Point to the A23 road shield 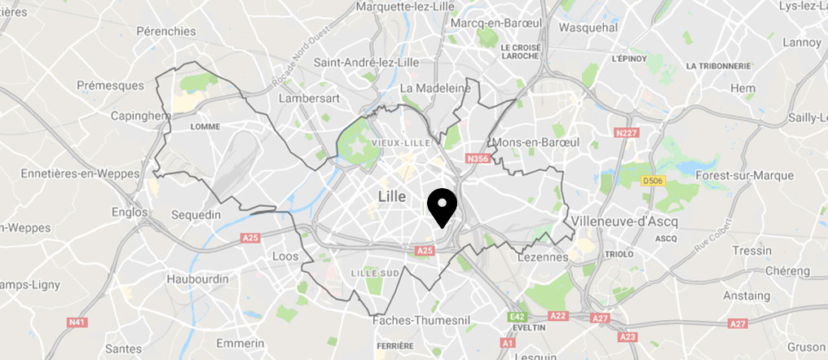(628, 336)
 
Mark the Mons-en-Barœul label (536, 143)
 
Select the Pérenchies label (166, 31)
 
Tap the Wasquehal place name (591, 27)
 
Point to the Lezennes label (543, 257)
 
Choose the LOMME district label (205, 127)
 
